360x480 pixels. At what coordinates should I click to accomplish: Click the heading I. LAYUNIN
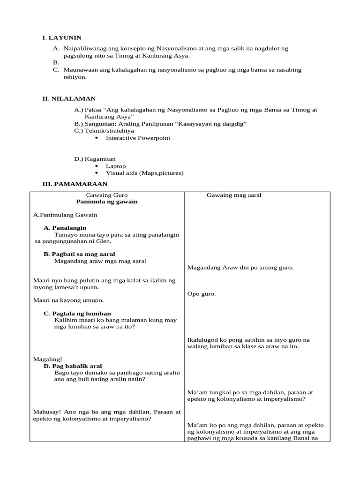(x=62, y=37)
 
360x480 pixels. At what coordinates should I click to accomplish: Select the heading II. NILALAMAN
(x=69, y=98)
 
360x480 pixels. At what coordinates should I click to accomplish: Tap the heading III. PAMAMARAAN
(x=75, y=184)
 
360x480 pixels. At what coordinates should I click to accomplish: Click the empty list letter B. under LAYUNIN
(x=56, y=62)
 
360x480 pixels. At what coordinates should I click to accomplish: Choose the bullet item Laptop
(x=116, y=166)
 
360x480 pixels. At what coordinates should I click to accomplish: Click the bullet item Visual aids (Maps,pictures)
(x=144, y=173)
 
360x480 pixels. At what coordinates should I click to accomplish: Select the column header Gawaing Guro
(x=107, y=195)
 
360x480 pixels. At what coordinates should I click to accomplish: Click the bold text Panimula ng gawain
(x=107, y=202)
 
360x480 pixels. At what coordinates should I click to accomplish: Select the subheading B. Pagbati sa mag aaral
(x=83, y=254)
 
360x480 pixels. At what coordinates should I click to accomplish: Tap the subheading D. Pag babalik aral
(x=73, y=366)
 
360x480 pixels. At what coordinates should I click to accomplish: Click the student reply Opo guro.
(x=202, y=294)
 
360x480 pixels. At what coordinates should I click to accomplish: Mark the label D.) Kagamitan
(x=95, y=159)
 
